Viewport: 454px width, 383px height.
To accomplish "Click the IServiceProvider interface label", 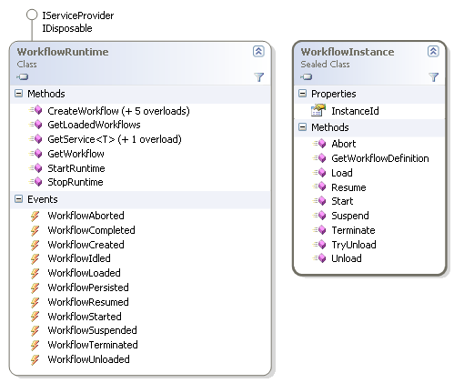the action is (78, 15).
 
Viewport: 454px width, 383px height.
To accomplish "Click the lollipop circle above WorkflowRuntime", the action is (32, 15).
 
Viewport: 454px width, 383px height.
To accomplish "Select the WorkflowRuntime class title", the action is (63, 52).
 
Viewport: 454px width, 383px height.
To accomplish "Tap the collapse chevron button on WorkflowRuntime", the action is (258, 51).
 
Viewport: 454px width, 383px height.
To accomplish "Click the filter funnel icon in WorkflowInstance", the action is (434, 77).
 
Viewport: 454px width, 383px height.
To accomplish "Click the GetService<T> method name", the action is (81, 139).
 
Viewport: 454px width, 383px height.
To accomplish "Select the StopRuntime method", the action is (76, 182).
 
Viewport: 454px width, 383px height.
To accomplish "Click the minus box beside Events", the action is (19, 199).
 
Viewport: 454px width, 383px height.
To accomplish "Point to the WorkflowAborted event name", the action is (86, 216).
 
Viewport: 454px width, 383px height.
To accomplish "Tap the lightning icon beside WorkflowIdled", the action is (35, 258).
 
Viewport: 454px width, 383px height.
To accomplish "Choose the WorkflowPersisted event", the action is (88, 287).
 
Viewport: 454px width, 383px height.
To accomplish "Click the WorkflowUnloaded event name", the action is (89, 359).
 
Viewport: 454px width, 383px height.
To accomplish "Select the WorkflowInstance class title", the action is (348, 52).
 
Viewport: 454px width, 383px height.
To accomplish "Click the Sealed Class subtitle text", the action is (325, 65).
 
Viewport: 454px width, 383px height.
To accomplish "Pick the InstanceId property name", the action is (355, 111).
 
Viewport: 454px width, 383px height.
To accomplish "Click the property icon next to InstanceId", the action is (318, 110).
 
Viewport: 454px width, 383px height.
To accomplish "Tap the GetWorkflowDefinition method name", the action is (380, 158).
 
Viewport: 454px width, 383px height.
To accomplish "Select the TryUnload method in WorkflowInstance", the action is (354, 245).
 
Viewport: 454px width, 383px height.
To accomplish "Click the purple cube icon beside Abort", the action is (321, 144).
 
